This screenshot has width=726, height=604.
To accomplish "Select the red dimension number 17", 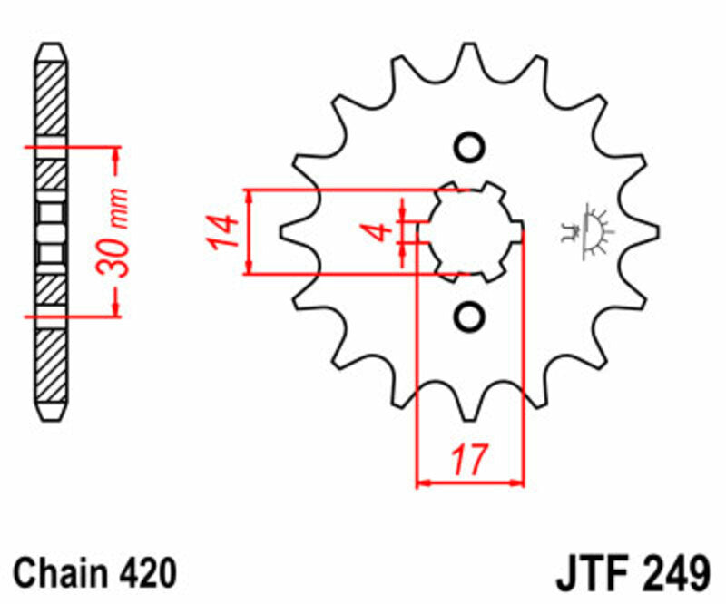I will (x=470, y=460).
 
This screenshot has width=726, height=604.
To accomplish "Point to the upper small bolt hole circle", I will (x=469, y=147).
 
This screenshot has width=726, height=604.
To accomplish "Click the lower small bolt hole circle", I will (x=469, y=316).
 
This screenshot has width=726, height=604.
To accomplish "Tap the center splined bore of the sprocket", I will (x=469, y=231).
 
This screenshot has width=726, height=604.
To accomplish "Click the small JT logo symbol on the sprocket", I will (x=588, y=231).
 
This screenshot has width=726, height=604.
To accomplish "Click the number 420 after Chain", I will (x=146, y=573).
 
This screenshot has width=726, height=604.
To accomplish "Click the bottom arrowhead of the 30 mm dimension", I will (x=115, y=309).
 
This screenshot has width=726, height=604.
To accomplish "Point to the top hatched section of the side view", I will (x=51, y=100).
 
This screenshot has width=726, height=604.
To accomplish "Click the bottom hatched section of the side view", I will (x=51, y=367).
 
